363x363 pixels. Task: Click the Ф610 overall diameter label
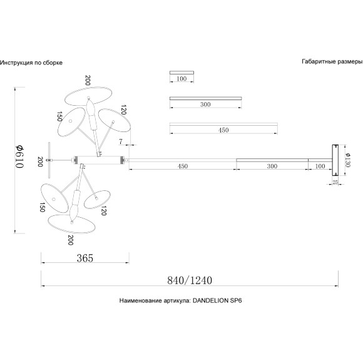click(19, 156)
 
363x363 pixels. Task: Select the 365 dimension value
click(85, 258)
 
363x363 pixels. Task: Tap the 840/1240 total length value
click(190, 280)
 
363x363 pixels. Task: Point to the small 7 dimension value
click(121, 141)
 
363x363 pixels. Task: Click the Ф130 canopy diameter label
click(348, 160)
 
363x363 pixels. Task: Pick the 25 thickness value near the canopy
click(335, 182)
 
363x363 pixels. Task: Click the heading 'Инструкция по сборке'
click(31, 63)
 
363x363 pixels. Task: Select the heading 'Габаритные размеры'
click(332, 61)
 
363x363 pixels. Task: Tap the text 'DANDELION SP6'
click(217, 300)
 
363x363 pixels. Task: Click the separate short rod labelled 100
click(181, 73)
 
